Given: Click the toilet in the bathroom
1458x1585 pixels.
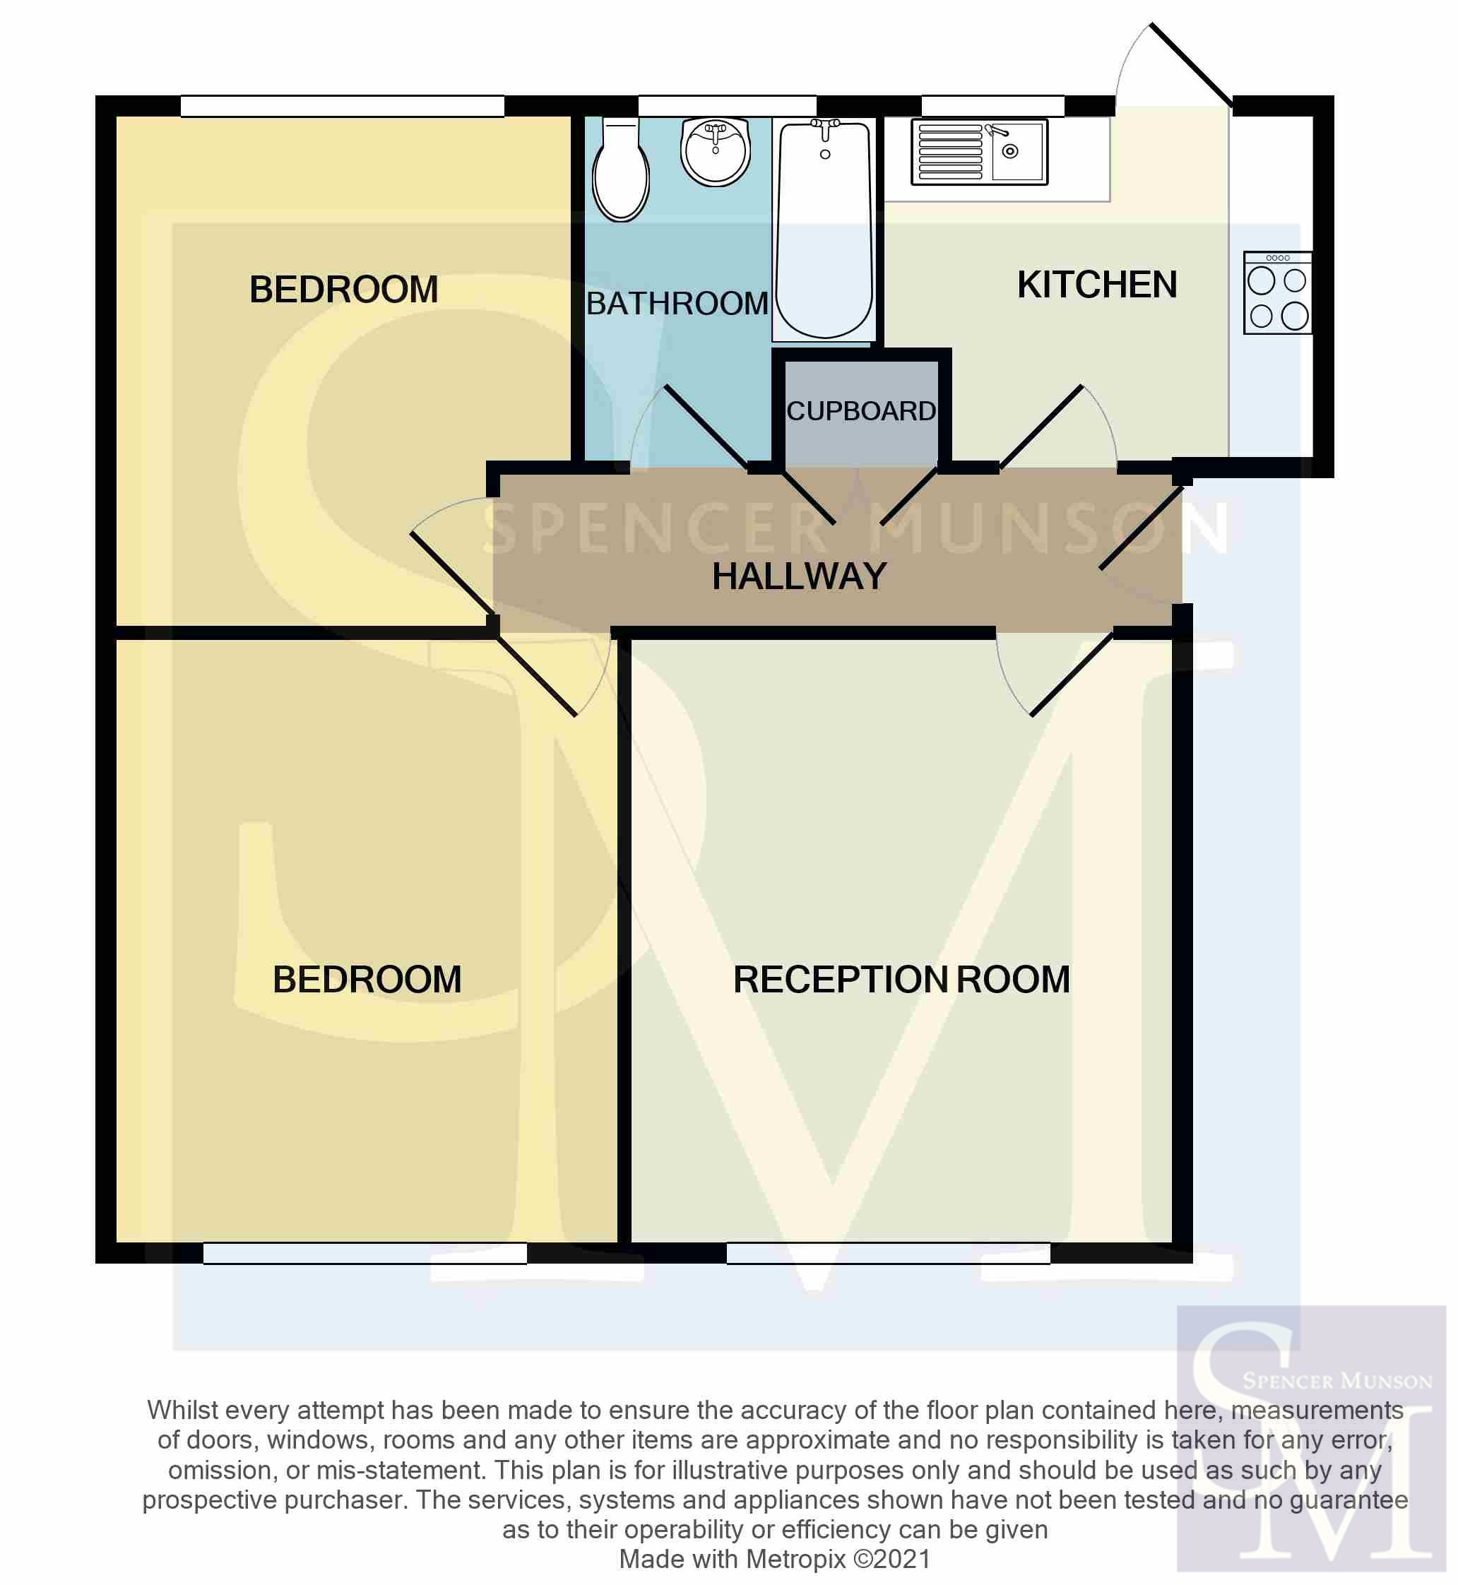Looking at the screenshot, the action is tap(621, 169).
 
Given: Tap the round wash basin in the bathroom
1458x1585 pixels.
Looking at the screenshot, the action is tap(716, 151).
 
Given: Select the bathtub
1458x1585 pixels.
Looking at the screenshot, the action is tap(824, 229).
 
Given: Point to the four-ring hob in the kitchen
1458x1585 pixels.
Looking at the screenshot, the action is tap(1277, 292).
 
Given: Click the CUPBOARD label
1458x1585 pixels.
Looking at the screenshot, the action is tap(862, 411).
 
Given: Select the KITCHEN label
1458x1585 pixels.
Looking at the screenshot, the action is tap(1096, 285).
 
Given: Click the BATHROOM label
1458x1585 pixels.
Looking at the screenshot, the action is tap(677, 304).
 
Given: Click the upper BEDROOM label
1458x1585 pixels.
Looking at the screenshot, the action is tap(344, 290).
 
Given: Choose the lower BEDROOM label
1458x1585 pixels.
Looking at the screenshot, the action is tap(367, 980).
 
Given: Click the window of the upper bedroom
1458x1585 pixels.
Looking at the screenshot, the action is tap(343, 107).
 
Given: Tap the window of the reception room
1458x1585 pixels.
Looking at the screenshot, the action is tap(889, 1253).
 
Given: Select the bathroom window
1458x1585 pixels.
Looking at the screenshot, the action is tap(727, 107).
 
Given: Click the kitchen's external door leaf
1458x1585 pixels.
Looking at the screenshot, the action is tap(1191, 65).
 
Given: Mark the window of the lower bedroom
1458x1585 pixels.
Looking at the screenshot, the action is tap(365, 1253).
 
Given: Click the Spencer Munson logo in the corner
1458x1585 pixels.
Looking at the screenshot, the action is tap(1311, 1438).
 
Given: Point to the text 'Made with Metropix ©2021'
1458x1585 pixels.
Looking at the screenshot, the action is tap(775, 1560).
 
